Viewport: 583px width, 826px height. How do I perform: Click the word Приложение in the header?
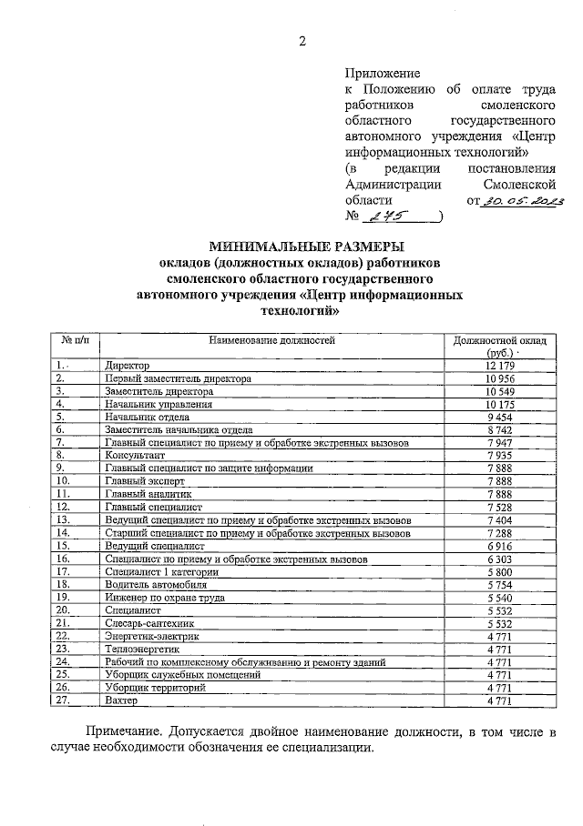[383, 73]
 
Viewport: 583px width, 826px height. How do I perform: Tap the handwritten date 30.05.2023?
[524, 200]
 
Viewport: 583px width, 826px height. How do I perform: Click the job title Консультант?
[135, 454]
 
